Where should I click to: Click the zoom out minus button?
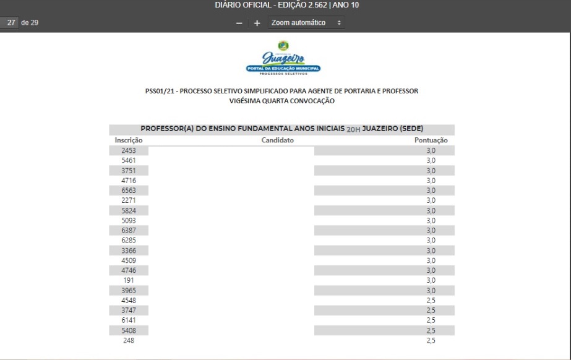point(239,23)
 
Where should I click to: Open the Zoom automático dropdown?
point(306,23)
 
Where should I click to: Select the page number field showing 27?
point(10,23)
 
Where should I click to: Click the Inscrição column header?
point(129,140)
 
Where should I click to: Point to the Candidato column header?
point(277,140)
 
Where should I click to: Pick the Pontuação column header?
point(431,140)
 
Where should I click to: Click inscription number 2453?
point(129,150)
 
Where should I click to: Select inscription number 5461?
point(129,160)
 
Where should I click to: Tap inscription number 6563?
point(129,191)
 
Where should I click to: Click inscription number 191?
point(129,280)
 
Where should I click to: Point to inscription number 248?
point(129,340)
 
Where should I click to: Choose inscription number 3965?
point(129,290)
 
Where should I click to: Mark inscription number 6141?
point(129,320)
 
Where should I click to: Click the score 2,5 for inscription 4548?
point(431,300)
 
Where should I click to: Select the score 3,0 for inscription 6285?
point(431,240)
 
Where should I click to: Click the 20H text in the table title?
point(353,130)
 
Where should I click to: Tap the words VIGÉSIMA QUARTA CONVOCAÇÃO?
point(281,101)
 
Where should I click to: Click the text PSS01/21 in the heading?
point(160,91)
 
